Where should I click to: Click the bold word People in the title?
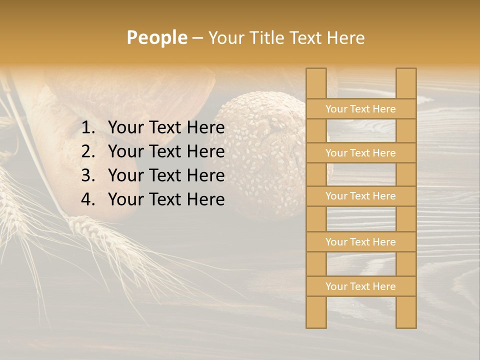coord(157,37)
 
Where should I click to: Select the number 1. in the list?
coord(89,128)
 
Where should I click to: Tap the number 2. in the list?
coord(89,151)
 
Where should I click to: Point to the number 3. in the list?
coord(89,175)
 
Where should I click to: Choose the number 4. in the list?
coord(89,199)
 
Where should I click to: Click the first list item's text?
coord(166,128)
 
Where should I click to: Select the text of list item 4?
coord(166,199)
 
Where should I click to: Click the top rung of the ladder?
coord(360,109)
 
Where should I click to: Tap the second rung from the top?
coord(360,153)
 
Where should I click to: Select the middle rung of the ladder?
coord(360,196)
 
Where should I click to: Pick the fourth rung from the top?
coord(360,242)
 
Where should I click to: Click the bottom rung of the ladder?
coord(360,286)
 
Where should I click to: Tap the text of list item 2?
coord(166,151)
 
